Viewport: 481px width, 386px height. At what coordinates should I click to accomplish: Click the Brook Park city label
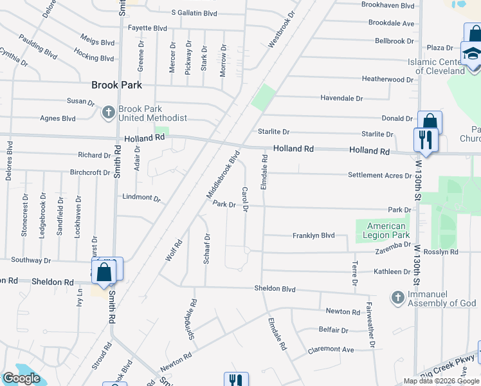(x=116, y=85)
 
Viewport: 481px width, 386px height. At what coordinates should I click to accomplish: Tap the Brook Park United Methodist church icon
(x=108, y=113)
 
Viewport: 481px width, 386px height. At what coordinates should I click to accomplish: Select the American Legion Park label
(x=386, y=230)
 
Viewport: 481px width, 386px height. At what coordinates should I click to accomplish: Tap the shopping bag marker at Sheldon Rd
(x=104, y=272)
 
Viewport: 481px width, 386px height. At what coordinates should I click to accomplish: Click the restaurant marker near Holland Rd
(x=425, y=140)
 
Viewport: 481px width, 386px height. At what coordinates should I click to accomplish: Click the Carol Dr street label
(x=244, y=199)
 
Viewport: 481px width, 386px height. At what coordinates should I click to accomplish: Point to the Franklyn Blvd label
(x=314, y=235)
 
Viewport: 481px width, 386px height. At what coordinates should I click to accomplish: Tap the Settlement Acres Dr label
(x=379, y=176)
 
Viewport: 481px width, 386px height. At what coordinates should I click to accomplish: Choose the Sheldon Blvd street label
(x=275, y=289)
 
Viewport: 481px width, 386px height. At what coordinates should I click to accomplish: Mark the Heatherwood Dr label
(x=388, y=80)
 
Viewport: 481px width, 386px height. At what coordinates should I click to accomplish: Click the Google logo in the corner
(x=21, y=378)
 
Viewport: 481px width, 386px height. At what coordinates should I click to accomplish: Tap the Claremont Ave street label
(x=331, y=349)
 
